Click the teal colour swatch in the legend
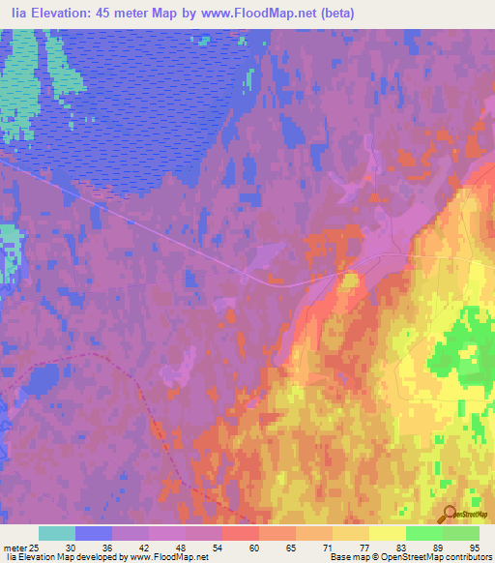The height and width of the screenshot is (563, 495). tap(57, 533)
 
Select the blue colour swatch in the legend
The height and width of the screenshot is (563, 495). tap(94, 533)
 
